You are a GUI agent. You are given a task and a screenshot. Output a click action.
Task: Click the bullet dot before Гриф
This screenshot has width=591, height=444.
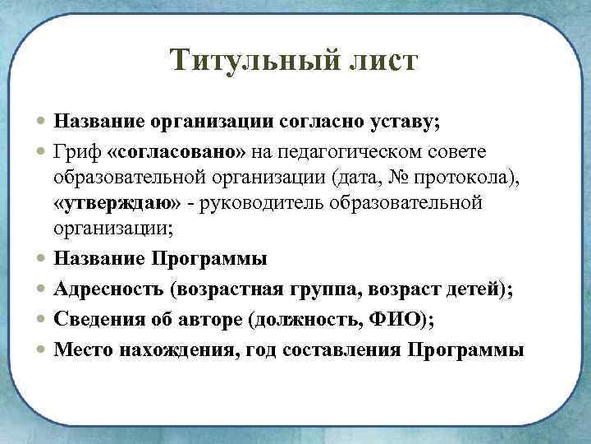pos(42,153)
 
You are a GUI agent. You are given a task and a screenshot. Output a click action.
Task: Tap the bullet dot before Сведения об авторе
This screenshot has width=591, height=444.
pos(42,319)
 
